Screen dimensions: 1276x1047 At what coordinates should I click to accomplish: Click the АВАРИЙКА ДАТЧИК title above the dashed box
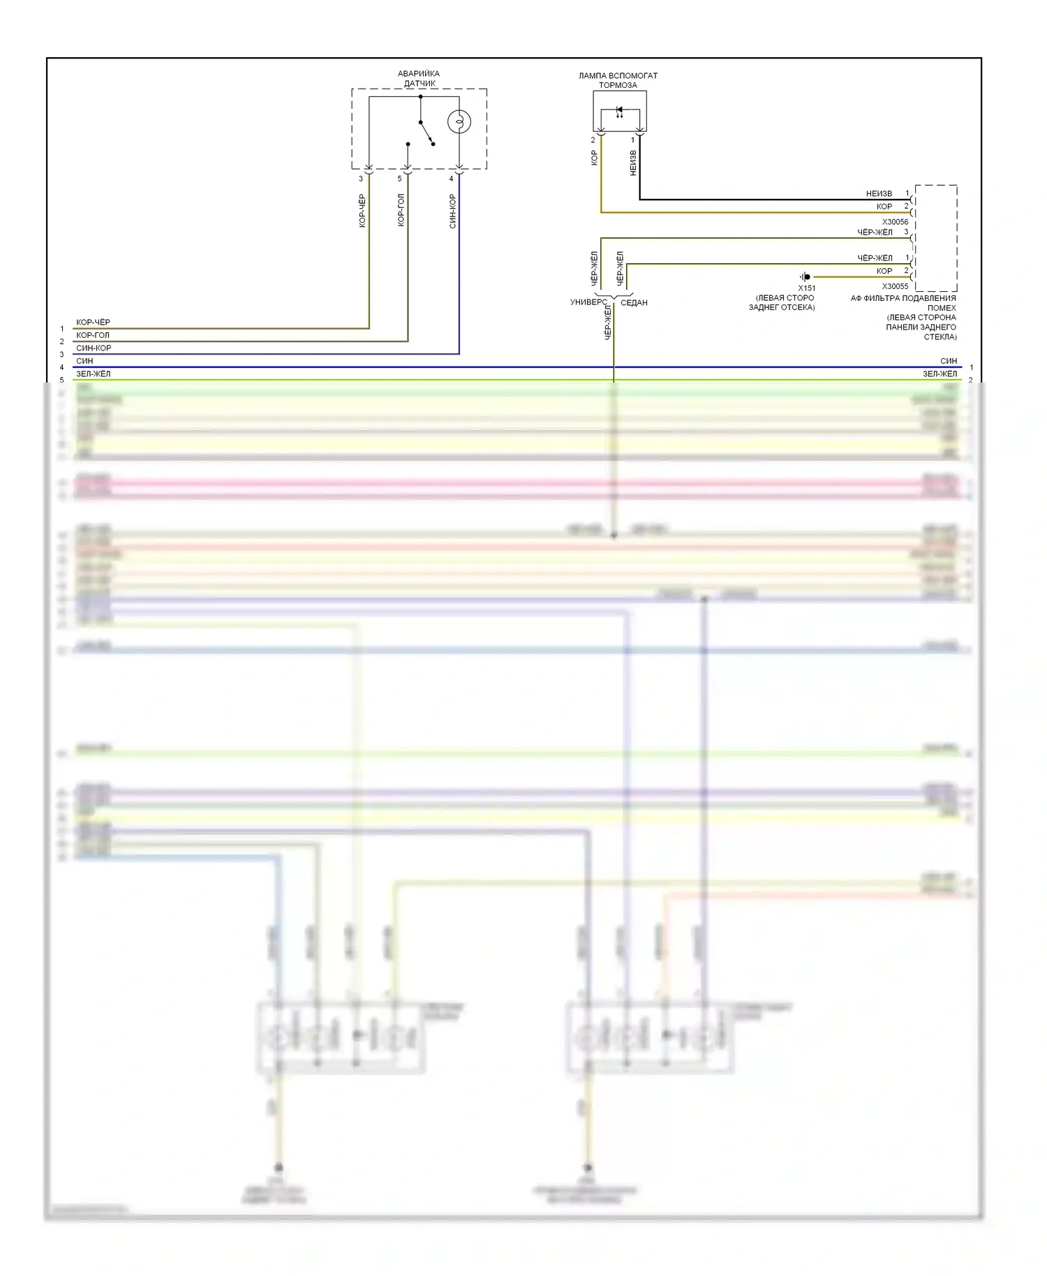[x=419, y=78]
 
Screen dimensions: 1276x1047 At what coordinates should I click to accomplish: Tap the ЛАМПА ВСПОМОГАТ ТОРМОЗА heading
[x=618, y=80]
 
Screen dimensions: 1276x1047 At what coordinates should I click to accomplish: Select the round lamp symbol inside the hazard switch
[x=459, y=122]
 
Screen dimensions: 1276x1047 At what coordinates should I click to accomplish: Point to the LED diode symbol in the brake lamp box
[x=619, y=110]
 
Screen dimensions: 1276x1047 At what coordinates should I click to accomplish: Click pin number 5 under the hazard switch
[x=400, y=179]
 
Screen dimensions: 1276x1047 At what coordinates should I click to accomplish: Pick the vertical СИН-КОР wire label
[x=452, y=212]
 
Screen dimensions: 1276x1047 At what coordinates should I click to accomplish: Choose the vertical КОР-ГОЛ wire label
[x=401, y=210]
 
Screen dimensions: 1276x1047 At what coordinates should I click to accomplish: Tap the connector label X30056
[x=895, y=222]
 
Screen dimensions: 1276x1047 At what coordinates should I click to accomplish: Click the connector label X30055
[x=895, y=286]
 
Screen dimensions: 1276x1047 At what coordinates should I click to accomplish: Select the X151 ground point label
[x=806, y=288]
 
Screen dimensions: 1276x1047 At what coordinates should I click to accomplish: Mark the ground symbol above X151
[x=805, y=276]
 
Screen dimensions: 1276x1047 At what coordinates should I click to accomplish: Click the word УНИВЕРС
[x=588, y=302]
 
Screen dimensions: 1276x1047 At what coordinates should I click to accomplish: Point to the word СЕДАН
[x=634, y=302]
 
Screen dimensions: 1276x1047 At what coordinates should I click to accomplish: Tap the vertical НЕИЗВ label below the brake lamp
[x=633, y=163]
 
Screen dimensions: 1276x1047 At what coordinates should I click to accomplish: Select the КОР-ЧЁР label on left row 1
[x=93, y=322]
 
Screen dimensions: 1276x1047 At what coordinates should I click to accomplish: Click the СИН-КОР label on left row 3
[x=94, y=348]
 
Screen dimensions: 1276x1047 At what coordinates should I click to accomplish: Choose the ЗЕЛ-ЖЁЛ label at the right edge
[x=940, y=374]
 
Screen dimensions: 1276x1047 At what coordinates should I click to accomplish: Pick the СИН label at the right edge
[x=948, y=361]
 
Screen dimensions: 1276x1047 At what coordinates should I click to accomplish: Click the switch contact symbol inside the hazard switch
[x=425, y=133]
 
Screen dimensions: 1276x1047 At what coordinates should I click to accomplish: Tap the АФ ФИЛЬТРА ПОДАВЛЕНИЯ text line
[x=903, y=298]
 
